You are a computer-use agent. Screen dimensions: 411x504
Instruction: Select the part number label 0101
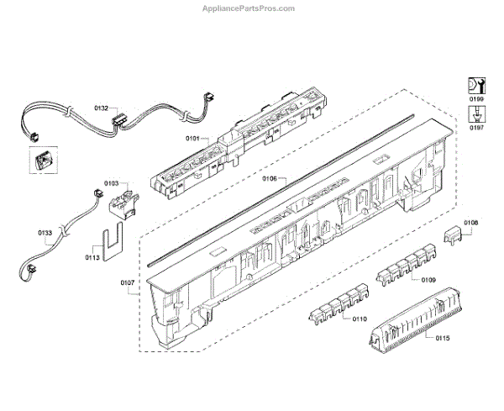point(193,137)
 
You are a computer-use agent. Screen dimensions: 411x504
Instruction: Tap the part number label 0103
point(111,182)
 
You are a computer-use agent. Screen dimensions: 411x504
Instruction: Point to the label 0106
point(270,178)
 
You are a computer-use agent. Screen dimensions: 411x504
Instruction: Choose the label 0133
point(45,232)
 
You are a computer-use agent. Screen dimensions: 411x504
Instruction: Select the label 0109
point(428,280)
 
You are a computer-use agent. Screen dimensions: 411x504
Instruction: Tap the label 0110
point(360,319)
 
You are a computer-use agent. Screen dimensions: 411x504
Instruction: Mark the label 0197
point(477,128)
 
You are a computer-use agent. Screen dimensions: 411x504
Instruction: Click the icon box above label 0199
point(475,85)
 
